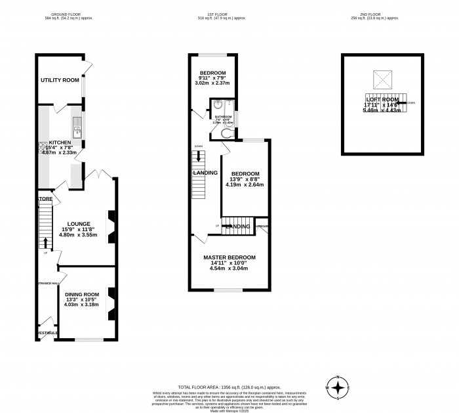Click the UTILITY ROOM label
60,80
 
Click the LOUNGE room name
77,223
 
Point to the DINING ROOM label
82,294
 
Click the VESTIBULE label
47,333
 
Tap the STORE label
45,198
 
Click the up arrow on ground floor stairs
45,243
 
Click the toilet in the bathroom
228,133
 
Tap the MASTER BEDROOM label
229,257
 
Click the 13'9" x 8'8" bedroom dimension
245,179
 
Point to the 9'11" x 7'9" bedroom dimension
212,77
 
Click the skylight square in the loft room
382,79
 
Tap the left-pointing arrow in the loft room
398,103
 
